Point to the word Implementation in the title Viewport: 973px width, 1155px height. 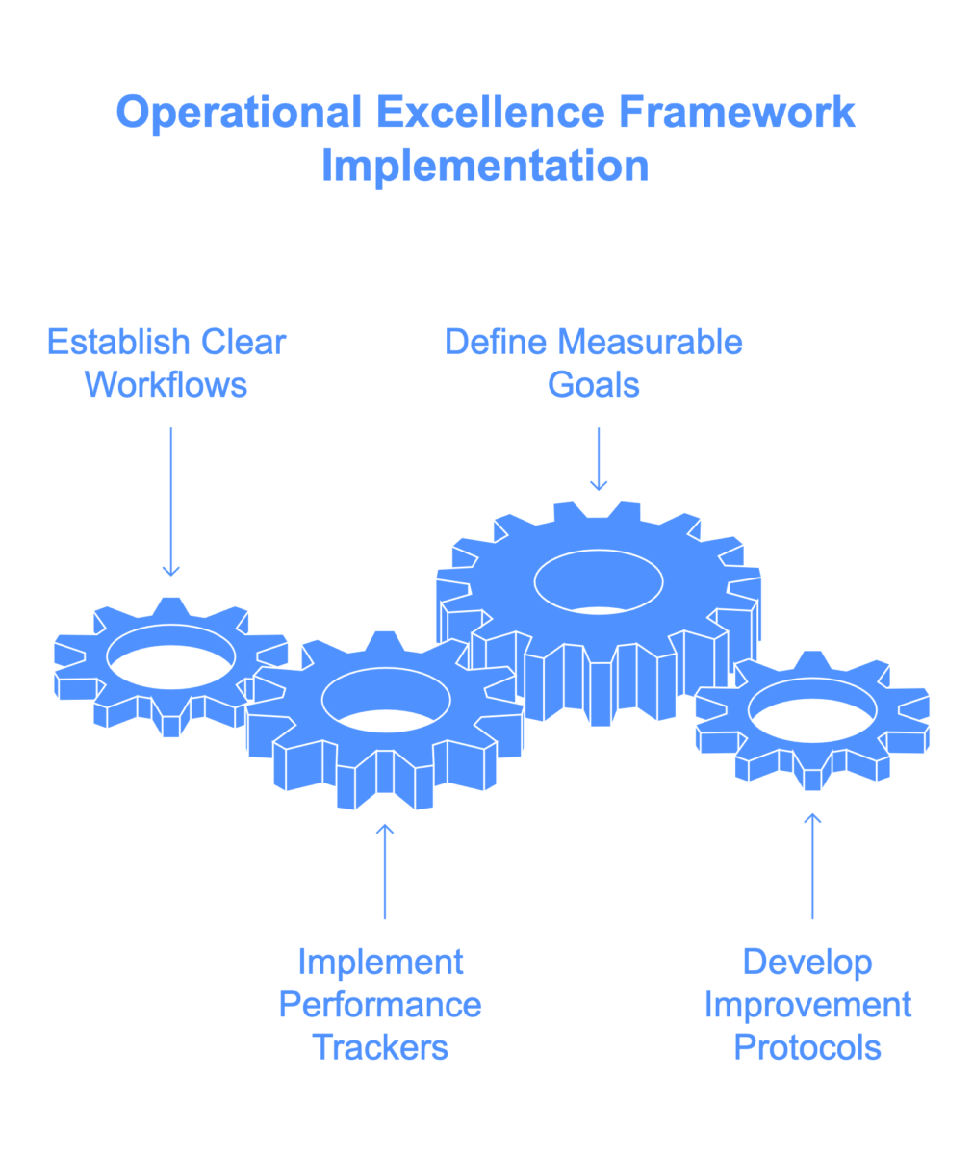click(485, 166)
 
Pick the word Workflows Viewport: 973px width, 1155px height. click(166, 385)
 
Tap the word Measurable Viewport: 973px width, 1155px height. click(651, 342)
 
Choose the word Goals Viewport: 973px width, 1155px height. click(594, 385)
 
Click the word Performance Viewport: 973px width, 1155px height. click(380, 1006)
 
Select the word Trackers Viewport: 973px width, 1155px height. click(380, 1047)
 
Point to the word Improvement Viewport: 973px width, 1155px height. click(807, 1006)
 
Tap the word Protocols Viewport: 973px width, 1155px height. click(807, 1047)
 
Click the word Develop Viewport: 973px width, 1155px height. click(807, 962)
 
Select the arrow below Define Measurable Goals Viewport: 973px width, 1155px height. click(599, 460)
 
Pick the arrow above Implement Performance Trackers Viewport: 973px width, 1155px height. click(385, 871)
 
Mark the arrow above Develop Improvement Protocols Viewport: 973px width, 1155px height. click(812, 866)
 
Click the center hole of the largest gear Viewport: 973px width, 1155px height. click(599, 581)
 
